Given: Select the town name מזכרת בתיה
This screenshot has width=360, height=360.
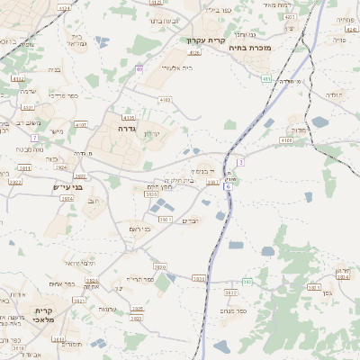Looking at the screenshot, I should [x=250, y=48].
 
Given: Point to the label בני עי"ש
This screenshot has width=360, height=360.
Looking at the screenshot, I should [x=67, y=187].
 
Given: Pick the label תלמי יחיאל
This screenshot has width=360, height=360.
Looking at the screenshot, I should [x=80, y=262].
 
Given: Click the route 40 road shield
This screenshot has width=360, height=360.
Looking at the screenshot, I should [x=139, y=69].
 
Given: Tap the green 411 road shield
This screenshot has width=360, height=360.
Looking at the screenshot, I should [x=266, y=79].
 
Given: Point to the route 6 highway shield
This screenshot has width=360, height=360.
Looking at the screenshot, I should [x=229, y=186].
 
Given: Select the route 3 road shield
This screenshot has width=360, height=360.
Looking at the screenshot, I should [x=241, y=161].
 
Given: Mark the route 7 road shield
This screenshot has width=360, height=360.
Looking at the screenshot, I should [x=34, y=138].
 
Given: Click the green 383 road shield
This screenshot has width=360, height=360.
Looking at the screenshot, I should [x=246, y=283].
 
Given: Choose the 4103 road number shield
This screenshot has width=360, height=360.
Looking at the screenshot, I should [x=164, y=100].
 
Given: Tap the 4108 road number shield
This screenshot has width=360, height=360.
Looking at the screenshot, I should [x=286, y=140].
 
